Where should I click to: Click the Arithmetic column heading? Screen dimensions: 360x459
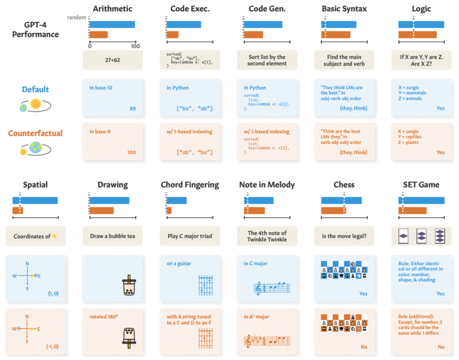112,9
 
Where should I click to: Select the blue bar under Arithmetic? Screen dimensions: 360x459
112,24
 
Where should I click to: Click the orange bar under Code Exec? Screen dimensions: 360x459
173,35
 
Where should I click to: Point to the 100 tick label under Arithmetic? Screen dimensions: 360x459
135,46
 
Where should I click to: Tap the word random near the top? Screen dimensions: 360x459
76,17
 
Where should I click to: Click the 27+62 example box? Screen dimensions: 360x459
112,60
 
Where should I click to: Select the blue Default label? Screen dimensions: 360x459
35,90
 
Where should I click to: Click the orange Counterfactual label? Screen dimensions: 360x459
35,133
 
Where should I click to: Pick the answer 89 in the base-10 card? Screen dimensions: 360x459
132,109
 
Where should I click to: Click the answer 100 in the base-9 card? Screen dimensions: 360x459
131,152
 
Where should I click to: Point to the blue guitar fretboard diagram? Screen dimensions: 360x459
206,285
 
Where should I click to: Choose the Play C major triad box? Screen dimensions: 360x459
189,236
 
